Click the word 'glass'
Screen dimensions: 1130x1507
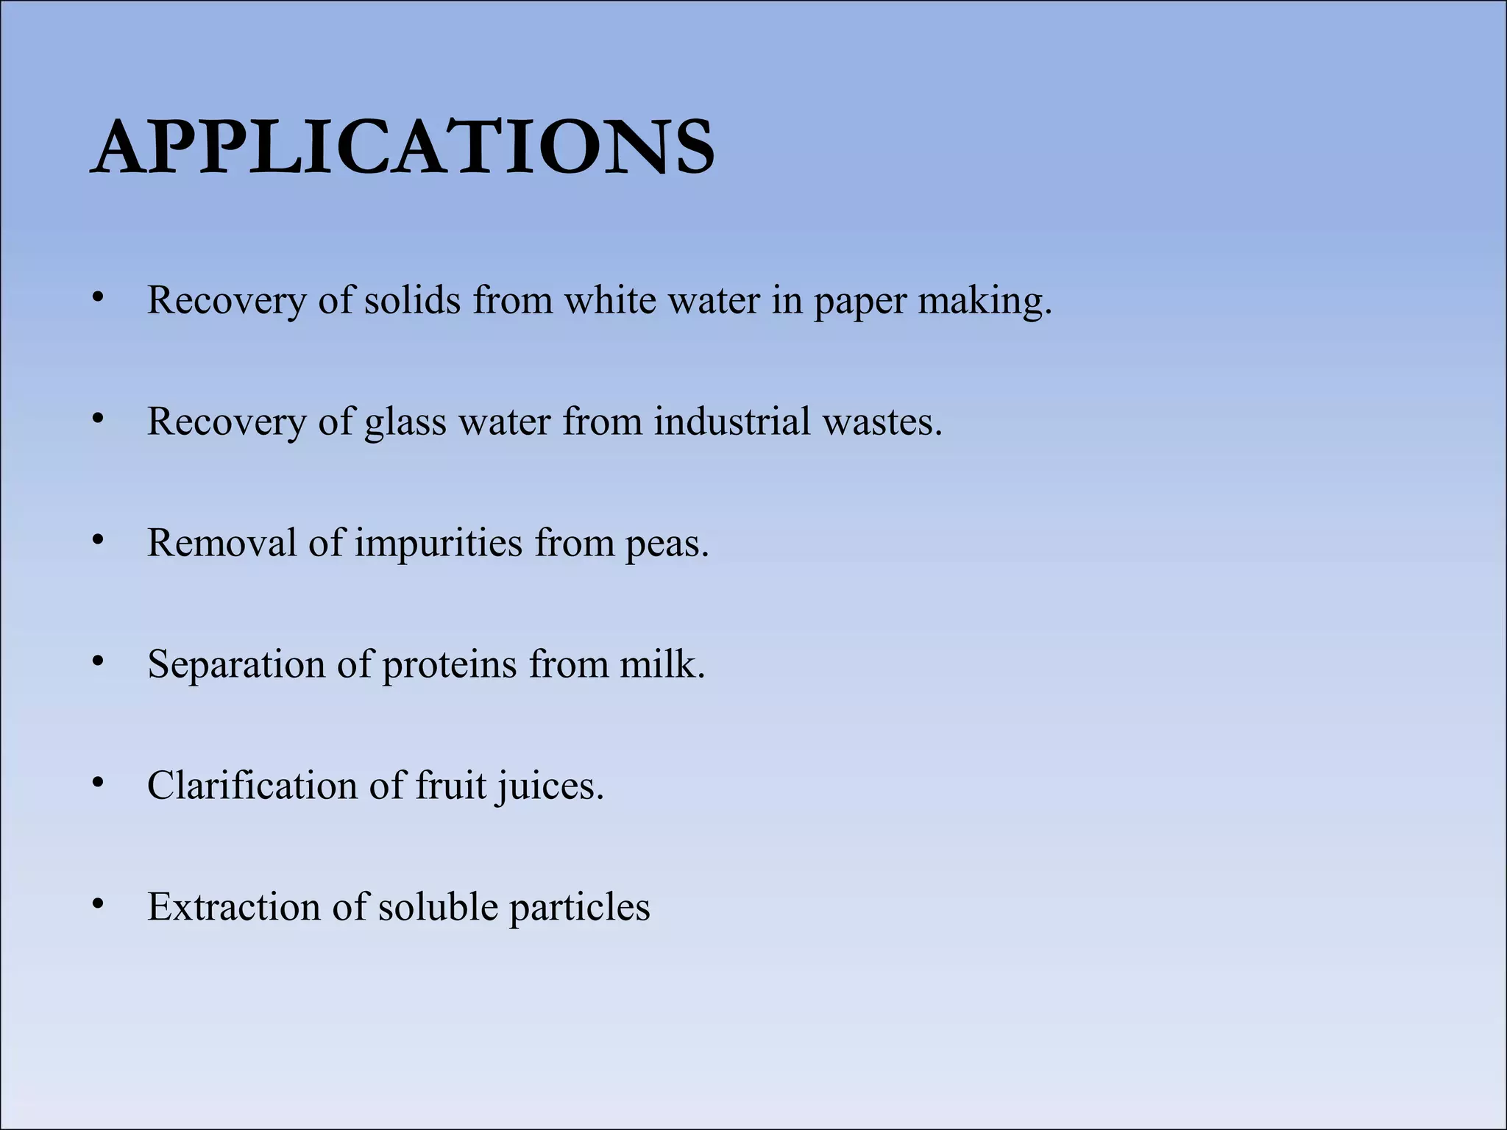405,423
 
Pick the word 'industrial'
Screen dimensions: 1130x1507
732,422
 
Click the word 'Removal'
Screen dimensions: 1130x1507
222,544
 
